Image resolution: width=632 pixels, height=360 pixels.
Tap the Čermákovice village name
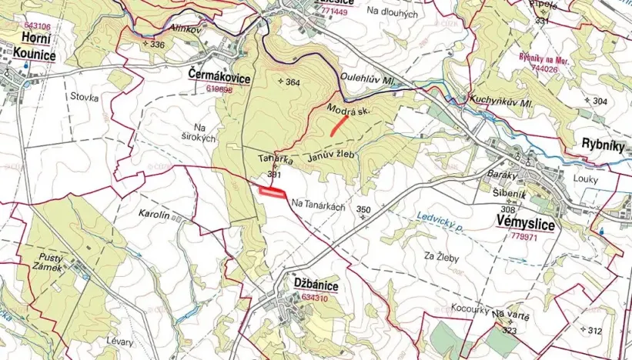(220, 74)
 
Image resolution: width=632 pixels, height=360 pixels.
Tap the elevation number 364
(292, 82)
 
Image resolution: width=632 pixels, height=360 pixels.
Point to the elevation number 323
(508, 330)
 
